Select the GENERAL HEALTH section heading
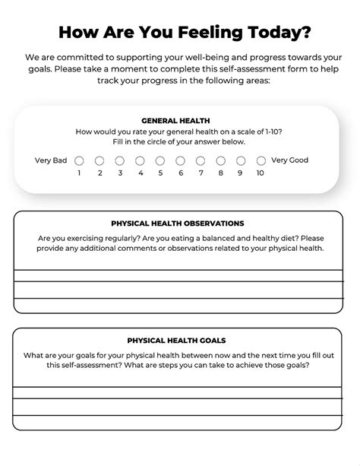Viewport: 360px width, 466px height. (175, 120)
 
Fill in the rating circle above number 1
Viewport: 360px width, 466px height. (79, 161)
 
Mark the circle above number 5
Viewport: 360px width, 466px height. (160, 161)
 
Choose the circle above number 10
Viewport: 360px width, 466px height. (261, 161)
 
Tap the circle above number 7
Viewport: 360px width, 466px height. (201, 161)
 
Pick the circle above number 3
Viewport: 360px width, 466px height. (120, 161)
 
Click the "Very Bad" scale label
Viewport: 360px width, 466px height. (51, 160)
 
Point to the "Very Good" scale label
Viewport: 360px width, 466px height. (289, 160)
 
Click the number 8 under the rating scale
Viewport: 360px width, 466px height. (221, 173)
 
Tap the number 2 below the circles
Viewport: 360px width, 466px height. (99, 173)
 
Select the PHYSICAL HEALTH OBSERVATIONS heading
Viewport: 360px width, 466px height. (178, 223)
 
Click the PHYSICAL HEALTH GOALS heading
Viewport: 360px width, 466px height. (176, 341)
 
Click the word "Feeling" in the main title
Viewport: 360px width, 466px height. (198, 33)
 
